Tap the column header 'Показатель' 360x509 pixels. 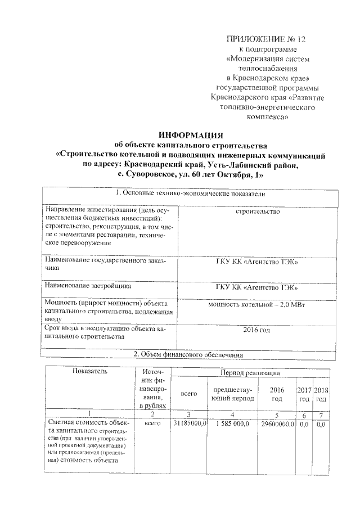click(89, 371)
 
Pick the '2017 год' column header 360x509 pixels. click(304, 394)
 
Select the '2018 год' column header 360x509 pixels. click(321, 394)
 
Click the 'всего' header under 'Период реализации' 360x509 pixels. click(186, 394)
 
